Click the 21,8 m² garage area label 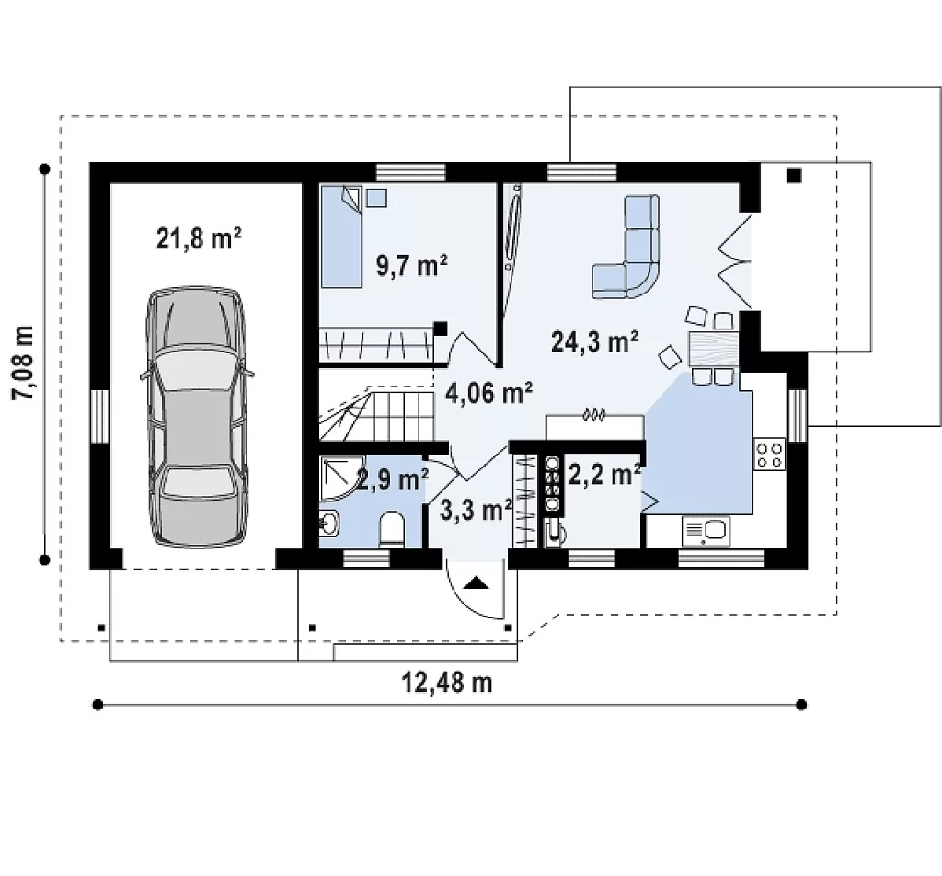[x=199, y=238]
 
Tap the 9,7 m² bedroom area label [x=411, y=264]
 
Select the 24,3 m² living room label [x=594, y=341]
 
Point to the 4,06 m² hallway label [x=488, y=392]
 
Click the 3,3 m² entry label [x=476, y=510]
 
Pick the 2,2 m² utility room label [x=604, y=475]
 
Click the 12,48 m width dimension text [x=447, y=682]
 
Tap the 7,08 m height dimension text [x=24, y=363]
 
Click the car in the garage [x=197, y=417]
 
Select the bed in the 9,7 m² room [x=341, y=236]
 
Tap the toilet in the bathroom [x=392, y=529]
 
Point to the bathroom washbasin [x=329, y=524]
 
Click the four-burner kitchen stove [x=770, y=455]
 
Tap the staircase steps [x=376, y=415]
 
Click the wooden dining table [x=712, y=350]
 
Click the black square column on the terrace [x=795, y=176]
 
